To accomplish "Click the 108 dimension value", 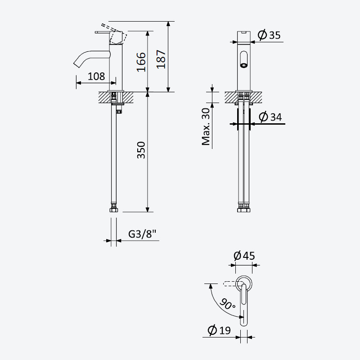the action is (96, 76).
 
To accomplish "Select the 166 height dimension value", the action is (141, 62).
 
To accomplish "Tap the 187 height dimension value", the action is (161, 59).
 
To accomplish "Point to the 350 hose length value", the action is (141, 150).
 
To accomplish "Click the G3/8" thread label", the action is (142, 234).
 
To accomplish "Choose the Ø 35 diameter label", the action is (269, 35).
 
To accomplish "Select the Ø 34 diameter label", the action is (270, 117).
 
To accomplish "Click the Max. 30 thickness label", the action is (206, 127).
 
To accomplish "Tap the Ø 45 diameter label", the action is (244, 256).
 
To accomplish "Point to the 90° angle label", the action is (227, 304).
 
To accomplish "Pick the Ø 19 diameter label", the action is (219, 330).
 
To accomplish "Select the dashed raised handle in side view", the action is (115, 34).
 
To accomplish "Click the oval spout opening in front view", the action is (243, 59).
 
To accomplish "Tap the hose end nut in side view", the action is (114, 209).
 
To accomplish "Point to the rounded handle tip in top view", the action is (243, 323).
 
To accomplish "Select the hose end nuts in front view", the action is (243, 209).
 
